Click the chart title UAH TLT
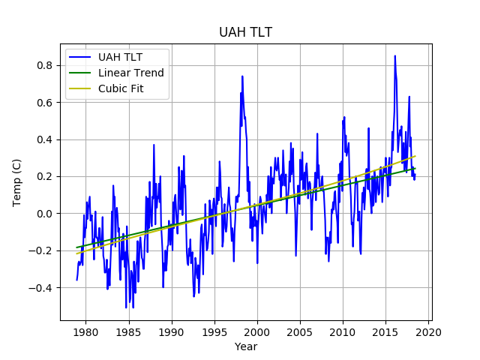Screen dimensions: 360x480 (x=245, y=32)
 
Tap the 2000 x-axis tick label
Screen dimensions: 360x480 (x=257, y=331)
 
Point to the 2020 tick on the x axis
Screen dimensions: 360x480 (x=429, y=331)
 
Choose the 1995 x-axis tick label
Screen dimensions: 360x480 (x=214, y=331)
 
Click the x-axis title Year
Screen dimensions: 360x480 (x=245, y=346)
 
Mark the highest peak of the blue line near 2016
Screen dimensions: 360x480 (x=394, y=55)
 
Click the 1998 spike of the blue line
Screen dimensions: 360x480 (x=242, y=76)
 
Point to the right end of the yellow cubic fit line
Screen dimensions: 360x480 (x=415, y=156)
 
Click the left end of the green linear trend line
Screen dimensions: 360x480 (x=76, y=247)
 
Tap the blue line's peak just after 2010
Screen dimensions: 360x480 (x=344, y=118)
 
